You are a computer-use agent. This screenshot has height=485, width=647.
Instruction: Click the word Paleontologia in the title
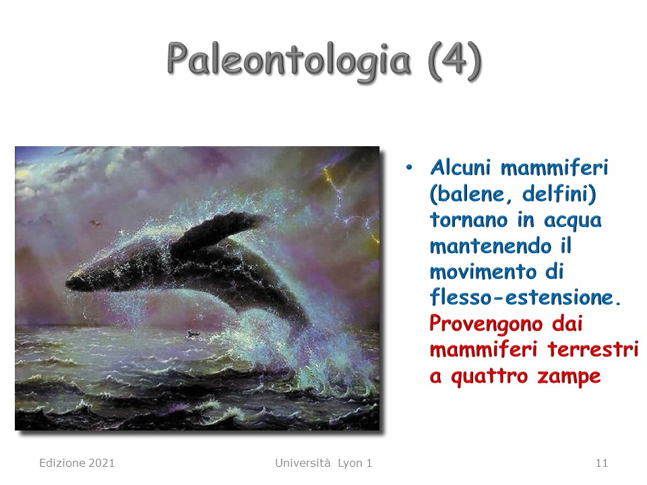point(289,61)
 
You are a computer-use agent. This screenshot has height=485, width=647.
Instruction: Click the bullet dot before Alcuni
point(408,168)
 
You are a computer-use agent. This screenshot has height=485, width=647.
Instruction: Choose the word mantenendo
point(491,246)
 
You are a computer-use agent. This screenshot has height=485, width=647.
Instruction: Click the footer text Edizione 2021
point(77,463)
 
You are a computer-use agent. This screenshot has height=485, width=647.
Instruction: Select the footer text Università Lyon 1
point(323,463)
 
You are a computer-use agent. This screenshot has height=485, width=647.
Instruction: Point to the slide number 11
point(602,463)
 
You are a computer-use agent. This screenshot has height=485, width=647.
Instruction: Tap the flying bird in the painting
point(96,223)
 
